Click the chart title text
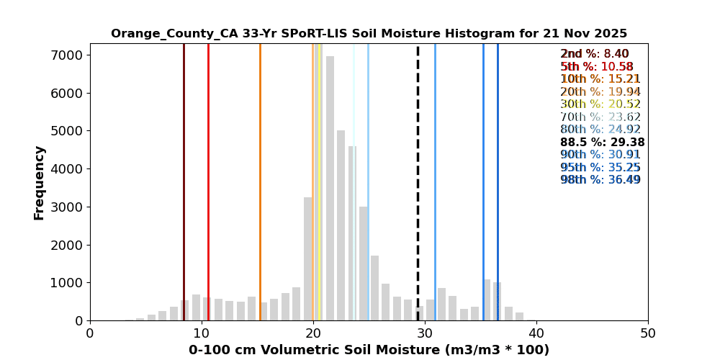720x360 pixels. [369, 34]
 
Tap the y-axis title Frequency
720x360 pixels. [40, 182]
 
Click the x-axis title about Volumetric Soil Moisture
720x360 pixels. [369, 350]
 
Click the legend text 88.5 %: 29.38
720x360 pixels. [602, 143]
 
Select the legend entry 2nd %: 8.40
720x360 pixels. [595, 54]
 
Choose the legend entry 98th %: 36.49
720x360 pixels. [600, 180]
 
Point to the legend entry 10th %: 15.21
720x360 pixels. [600, 79]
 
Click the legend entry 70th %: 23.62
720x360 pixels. [600, 117]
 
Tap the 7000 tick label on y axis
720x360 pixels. [71, 55]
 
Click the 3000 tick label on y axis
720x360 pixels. [71, 207]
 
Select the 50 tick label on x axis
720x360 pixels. [648, 333]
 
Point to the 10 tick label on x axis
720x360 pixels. [202, 333]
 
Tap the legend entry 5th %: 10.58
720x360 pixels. [597, 67]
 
